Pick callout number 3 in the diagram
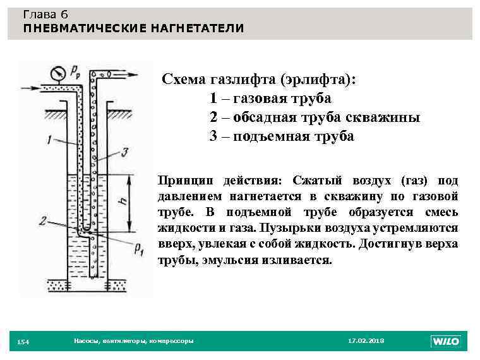[126, 152]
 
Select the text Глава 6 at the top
[45, 15]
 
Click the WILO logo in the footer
[445, 341]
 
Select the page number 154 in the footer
[22, 342]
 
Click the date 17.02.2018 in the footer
[366, 341]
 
